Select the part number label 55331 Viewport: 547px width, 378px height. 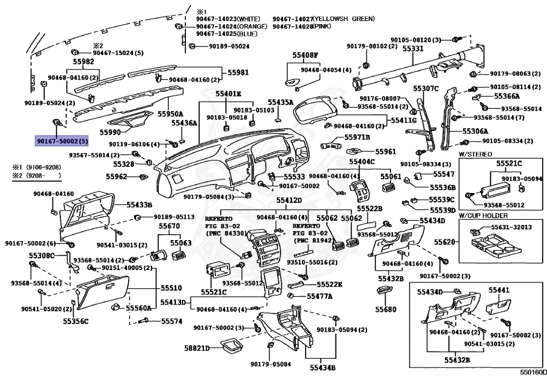(413, 49)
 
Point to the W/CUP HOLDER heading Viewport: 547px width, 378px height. (483, 215)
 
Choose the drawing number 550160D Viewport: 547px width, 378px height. (534, 372)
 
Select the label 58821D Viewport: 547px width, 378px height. (197, 348)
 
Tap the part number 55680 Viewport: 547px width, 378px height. (386, 310)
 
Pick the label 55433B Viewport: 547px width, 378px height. (139, 205)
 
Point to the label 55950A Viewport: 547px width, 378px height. (170, 114)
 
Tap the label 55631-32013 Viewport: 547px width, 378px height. (512, 227)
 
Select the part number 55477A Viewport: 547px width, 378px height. (318, 296)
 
